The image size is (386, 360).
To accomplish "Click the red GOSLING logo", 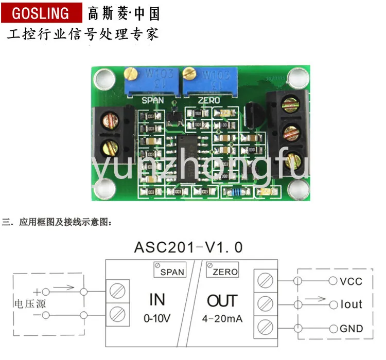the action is click(x=40, y=13).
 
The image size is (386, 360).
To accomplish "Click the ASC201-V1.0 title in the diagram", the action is click(x=188, y=247).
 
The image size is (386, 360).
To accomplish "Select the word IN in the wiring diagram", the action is click(x=157, y=300).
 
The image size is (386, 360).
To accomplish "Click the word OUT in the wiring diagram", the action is click(x=222, y=300).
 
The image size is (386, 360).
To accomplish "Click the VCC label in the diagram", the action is click(x=351, y=281).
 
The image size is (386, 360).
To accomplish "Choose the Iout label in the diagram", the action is click(x=351, y=304).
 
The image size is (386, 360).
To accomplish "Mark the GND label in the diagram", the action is click(x=351, y=329).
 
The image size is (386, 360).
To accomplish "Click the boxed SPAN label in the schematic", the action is click(x=170, y=271).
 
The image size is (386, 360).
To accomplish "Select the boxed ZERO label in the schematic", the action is click(x=222, y=271).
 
